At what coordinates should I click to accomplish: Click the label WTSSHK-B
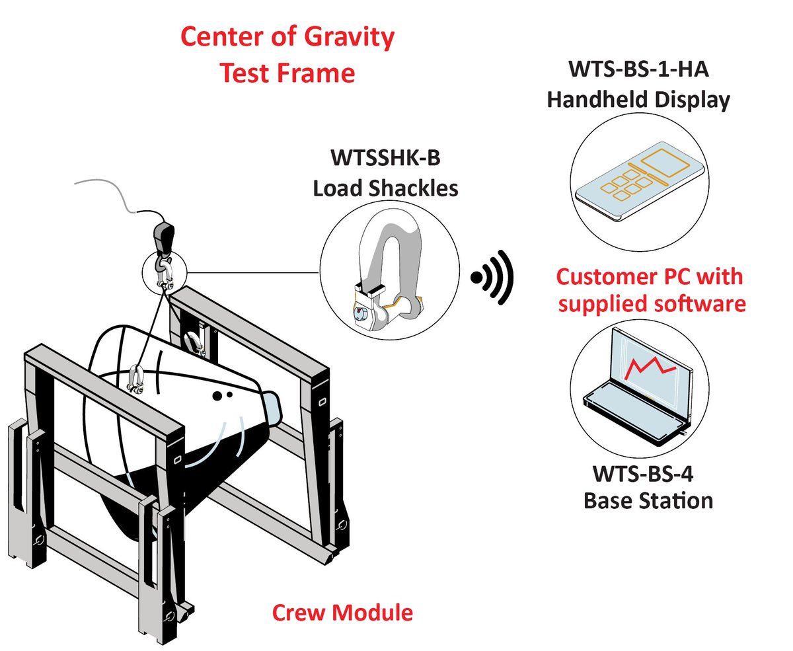pos(385,159)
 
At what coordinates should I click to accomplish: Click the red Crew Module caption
pos(342,612)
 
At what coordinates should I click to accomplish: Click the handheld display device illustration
pos(638,182)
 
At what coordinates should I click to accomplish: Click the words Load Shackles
pos(385,188)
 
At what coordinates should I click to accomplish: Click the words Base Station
pos(648,500)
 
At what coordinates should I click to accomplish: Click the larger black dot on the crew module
pos(215,397)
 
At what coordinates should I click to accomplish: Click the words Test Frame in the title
pos(287,72)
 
